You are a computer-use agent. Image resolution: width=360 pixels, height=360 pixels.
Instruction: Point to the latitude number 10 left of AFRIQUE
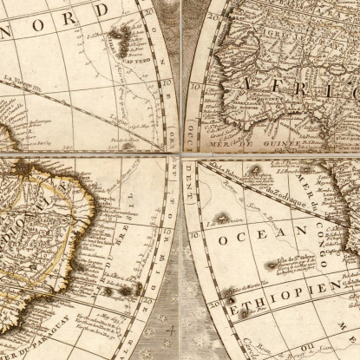tap(196, 88)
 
